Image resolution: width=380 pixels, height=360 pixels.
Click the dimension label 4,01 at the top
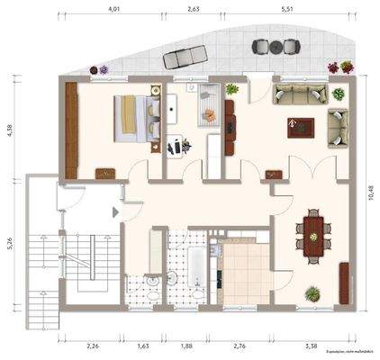tap(114, 8)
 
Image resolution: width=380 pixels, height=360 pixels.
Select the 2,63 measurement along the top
tap(193, 8)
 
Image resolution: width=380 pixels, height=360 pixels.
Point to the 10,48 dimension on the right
tap(370, 193)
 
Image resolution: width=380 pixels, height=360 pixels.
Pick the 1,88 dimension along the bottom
tap(186, 346)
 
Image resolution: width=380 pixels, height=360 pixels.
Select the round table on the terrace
tap(264, 46)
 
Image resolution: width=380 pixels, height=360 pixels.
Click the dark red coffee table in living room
tap(299, 128)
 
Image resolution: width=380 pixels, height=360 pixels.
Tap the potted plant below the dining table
tap(312, 293)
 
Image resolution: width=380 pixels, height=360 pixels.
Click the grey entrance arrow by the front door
tap(115, 211)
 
